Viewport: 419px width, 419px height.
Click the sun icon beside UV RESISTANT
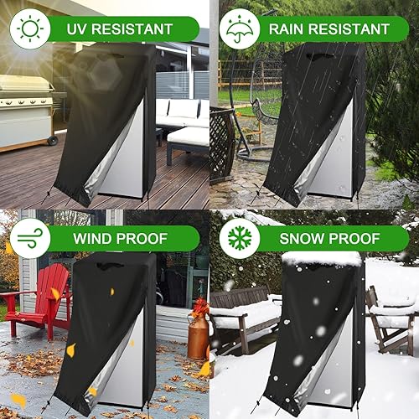(x=31, y=28)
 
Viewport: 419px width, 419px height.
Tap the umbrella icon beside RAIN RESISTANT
(x=240, y=28)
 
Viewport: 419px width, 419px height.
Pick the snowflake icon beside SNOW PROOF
(x=240, y=238)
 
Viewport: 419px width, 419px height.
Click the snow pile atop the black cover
(x=322, y=259)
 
